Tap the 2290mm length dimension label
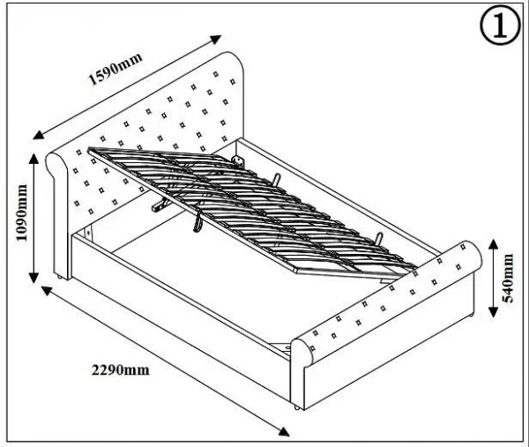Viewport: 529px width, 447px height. point(120,370)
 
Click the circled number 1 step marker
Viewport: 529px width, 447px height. point(498,27)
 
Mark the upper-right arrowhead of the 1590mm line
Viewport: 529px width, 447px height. point(217,40)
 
